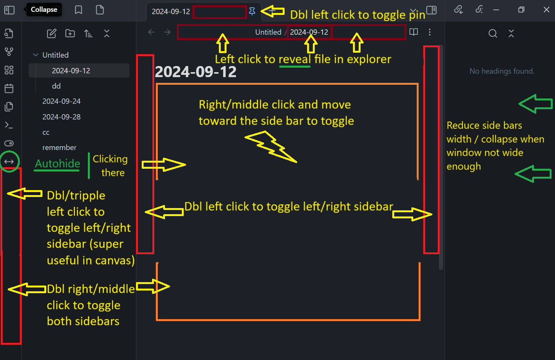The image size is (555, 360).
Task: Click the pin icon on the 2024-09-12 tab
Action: (x=252, y=11)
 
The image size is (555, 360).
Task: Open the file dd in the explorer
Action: (x=56, y=86)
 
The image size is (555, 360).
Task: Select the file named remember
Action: (x=59, y=147)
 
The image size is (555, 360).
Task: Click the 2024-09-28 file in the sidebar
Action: (x=61, y=117)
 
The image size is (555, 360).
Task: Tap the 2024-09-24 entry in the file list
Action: (x=61, y=101)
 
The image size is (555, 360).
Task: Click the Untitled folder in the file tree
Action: (x=55, y=55)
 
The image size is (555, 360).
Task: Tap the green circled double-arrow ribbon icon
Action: (x=9, y=161)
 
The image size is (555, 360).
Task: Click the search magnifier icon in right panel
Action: (x=493, y=34)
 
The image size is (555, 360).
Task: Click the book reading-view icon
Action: (x=414, y=32)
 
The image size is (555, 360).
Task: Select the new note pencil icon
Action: (x=52, y=34)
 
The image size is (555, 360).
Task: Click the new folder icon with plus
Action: (x=70, y=34)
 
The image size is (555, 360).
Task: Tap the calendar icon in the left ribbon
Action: (x=9, y=89)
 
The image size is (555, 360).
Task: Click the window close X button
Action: (x=546, y=10)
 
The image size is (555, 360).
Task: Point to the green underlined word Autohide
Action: (x=58, y=163)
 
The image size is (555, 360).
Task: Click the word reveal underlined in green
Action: (x=294, y=59)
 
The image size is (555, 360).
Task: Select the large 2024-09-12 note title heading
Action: (x=196, y=72)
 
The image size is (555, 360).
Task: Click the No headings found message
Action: (x=502, y=71)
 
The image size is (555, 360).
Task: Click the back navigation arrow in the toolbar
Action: (x=151, y=32)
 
